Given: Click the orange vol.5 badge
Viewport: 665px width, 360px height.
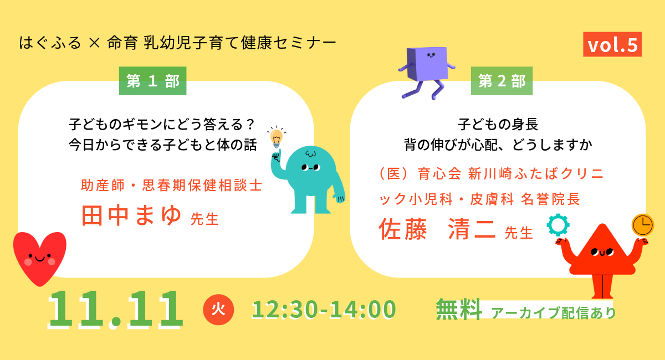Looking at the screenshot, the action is pos(612,44).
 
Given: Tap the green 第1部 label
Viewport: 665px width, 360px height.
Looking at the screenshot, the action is pos(152,81).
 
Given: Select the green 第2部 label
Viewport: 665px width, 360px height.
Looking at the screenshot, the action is pos(502,81).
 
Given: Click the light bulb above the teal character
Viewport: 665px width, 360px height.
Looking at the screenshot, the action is pos(277,137).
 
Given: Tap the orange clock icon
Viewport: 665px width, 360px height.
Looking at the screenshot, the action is pos(643,225).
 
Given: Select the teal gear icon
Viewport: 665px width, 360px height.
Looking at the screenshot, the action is pos(558,225).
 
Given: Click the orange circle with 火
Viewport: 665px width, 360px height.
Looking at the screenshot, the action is pos(218,310).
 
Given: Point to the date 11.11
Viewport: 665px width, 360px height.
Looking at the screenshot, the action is pos(115,310).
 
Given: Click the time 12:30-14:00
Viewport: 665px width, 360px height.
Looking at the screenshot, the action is pos(324,309).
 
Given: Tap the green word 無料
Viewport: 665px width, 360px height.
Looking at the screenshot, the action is pos(459,309).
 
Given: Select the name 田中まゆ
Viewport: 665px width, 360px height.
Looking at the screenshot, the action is pos(131,215).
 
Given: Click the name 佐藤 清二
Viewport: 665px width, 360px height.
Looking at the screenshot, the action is pos(437,229).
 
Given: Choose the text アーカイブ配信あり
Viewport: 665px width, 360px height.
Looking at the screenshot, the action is pos(554,312).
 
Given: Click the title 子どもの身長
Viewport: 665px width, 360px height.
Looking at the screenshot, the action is pos(498,124).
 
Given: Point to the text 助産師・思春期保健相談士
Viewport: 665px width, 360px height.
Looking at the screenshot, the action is pos(172,185).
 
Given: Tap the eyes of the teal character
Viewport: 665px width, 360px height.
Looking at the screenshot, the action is pos(311,167).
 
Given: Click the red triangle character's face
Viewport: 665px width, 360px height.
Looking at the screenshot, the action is pos(602,252).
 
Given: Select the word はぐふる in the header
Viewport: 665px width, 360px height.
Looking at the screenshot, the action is pos(50,43).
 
